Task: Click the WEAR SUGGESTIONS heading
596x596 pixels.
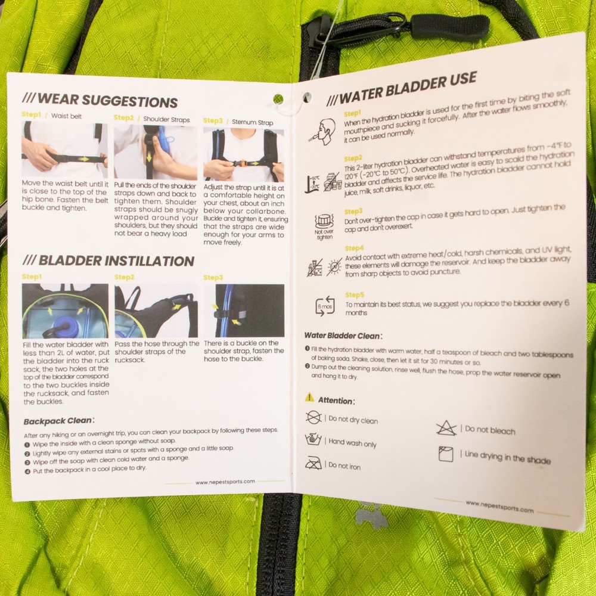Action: pyautogui.click(x=100, y=100)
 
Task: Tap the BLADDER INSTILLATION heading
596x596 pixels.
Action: pyautogui.click(x=108, y=261)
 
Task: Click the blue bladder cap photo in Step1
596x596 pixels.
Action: pyautogui.click(x=65, y=311)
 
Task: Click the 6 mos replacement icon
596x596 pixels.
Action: pyautogui.click(x=325, y=306)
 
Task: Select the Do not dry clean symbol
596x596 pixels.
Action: pyautogui.click(x=313, y=417)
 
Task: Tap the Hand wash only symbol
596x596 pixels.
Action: pyautogui.click(x=313, y=440)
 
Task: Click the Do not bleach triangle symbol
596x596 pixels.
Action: pyautogui.click(x=446, y=427)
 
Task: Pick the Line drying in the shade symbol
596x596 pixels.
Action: pyautogui.click(x=446, y=454)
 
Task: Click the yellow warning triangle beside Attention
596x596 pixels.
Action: pyautogui.click(x=309, y=397)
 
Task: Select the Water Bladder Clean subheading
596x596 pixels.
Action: pyautogui.click(x=343, y=336)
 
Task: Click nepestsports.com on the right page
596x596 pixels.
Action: pyautogui.click(x=499, y=507)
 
